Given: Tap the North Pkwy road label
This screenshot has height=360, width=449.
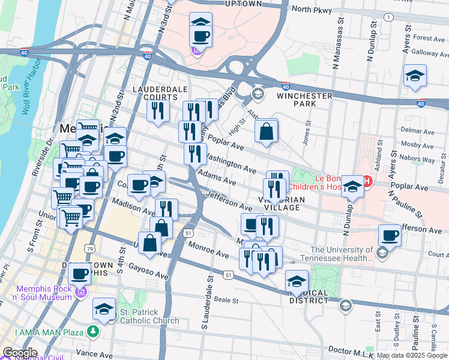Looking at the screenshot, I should (310, 9).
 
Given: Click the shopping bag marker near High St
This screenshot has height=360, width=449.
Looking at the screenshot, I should (266, 131).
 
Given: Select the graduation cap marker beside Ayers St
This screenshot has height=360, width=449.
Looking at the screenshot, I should (414, 76).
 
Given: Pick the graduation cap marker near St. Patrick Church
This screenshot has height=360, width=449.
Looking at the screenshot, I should (104, 309).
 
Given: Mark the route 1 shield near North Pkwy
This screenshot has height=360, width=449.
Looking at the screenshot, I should (390, 17).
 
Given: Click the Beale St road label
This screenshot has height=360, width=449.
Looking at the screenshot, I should (228, 301).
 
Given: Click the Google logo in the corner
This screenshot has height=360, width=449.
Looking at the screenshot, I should (20, 352).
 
